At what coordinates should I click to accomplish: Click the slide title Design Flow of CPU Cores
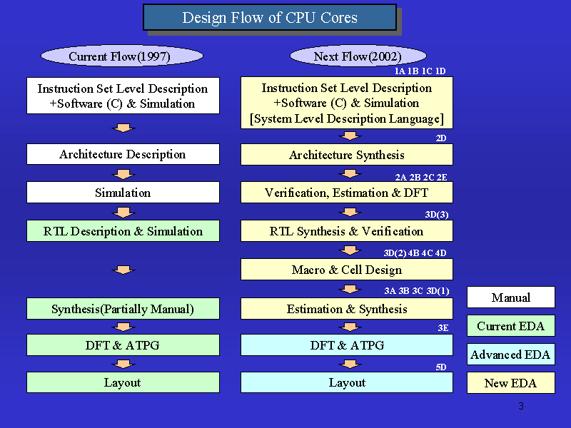(270, 17)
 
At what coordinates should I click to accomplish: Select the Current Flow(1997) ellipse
(122, 56)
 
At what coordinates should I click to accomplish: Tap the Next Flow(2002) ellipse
(358, 56)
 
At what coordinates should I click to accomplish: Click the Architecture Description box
(123, 154)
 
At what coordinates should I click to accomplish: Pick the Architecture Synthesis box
(347, 155)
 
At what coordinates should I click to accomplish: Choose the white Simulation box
(123, 192)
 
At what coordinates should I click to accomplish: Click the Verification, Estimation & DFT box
(347, 192)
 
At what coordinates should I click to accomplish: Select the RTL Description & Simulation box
(123, 230)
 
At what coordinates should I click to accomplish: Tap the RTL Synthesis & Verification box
(347, 230)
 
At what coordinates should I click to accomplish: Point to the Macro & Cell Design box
(347, 270)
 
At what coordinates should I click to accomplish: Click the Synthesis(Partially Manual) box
(123, 309)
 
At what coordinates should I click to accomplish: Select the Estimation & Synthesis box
(347, 309)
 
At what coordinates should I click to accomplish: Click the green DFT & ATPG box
(123, 345)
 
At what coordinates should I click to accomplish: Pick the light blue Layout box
(347, 382)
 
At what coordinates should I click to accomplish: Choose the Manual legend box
(511, 297)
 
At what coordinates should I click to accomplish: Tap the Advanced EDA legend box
(511, 354)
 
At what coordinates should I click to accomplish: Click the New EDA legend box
(511, 382)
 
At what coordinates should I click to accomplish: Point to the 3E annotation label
(443, 328)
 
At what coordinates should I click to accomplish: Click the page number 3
(521, 406)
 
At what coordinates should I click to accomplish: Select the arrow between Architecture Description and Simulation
(123, 174)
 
